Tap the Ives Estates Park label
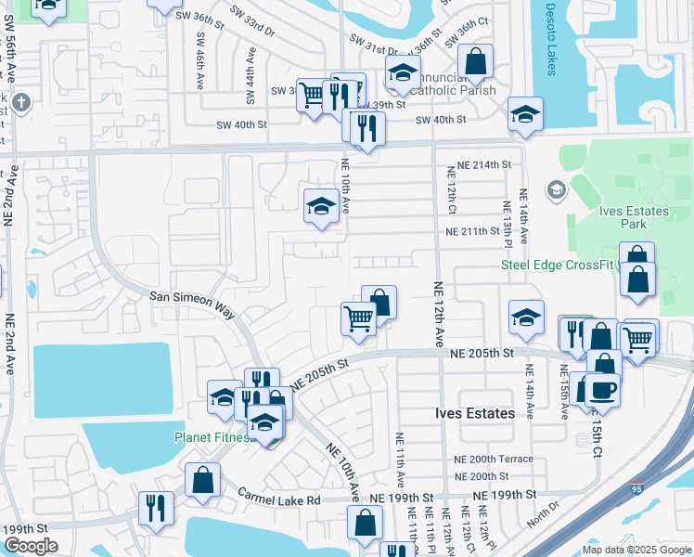635,217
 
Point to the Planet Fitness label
213,437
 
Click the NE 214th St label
479,164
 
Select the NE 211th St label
479,231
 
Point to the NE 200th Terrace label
494,459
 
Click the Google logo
30,546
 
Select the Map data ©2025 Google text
637,549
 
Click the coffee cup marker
601,389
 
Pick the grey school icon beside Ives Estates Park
556,191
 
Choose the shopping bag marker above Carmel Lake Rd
202,481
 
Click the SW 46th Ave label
200,63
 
